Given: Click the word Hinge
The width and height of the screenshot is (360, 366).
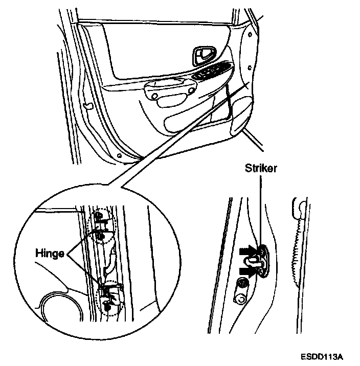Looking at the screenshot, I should pyautogui.click(x=50, y=253).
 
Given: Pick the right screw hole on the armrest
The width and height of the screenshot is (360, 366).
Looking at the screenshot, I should pyautogui.click(x=190, y=92).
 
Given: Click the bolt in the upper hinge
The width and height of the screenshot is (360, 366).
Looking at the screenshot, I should pyautogui.click(x=100, y=235).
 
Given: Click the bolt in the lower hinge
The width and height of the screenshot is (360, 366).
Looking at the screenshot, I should pyautogui.click(x=108, y=305).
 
